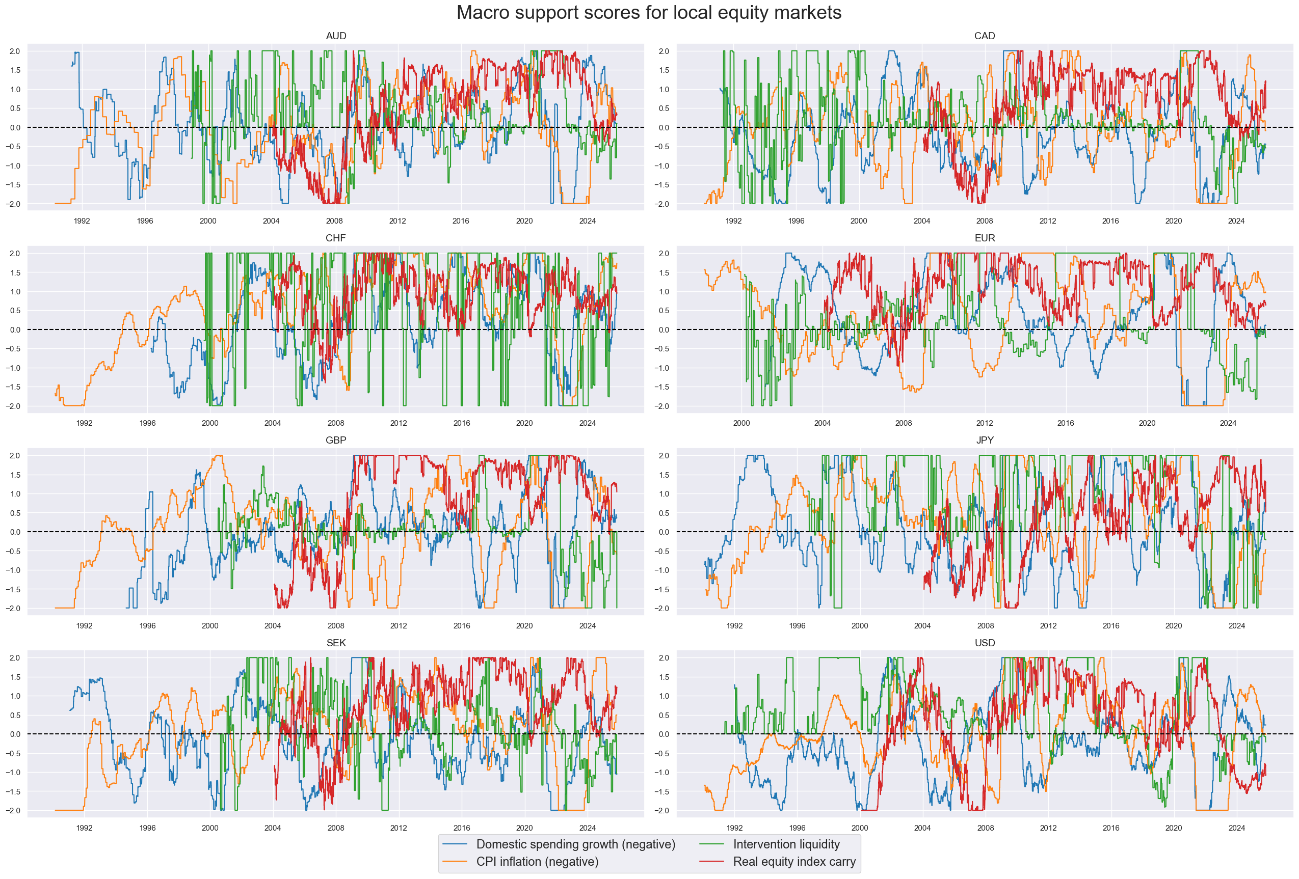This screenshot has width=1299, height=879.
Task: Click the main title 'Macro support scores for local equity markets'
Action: (x=648, y=13)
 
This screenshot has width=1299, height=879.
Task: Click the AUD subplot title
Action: (x=336, y=36)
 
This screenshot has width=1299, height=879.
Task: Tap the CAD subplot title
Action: (x=984, y=36)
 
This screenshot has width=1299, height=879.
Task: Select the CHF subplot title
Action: (x=335, y=238)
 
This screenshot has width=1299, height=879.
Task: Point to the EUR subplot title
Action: (x=984, y=238)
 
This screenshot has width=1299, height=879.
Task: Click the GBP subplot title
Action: (x=335, y=440)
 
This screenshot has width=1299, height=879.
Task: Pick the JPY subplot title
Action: (x=984, y=440)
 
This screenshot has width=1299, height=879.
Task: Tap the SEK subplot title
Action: (x=336, y=643)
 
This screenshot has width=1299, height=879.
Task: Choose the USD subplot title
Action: (x=984, y=643)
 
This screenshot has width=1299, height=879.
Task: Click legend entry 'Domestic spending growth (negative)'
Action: (x=575, y=844)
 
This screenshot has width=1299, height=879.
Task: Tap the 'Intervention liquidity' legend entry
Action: (x=786, y=844)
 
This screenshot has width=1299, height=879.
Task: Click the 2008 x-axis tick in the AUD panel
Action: (x=334, y=221)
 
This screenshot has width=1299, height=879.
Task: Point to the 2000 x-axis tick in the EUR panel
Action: (x=741, y=423)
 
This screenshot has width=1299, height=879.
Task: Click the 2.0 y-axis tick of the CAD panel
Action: (x=664, y=51)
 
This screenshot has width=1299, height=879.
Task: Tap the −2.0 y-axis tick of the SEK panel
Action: (x=13, y=810)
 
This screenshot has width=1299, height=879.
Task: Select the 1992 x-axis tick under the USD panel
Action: (x=734, y=828)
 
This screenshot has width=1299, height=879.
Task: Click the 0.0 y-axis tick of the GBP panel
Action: (x=15, y=532)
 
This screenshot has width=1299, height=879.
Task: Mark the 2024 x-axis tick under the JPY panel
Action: (x=1236, y=625)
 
